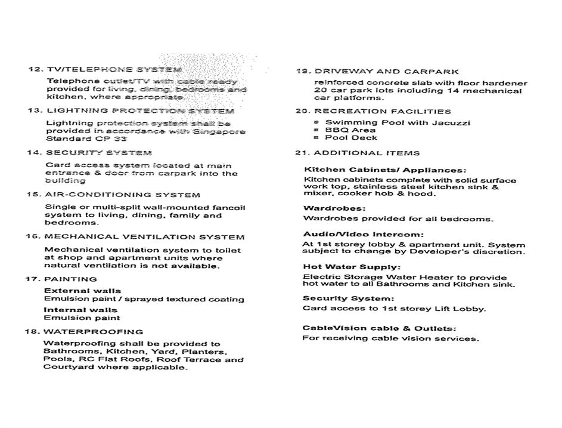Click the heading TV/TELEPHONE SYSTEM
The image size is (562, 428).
113,69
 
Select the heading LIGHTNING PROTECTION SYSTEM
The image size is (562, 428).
140,110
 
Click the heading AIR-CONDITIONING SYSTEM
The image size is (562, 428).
122,195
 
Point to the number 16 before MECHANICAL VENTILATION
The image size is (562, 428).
32,236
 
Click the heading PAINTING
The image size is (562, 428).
70,279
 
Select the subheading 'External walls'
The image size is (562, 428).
82,291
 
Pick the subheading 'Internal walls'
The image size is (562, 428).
80,310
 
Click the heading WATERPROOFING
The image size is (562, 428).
93,331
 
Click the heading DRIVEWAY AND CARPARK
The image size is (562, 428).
386,71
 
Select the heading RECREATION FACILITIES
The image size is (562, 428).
383,111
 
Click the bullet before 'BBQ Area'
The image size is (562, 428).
317,130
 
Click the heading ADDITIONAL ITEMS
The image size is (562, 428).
367,153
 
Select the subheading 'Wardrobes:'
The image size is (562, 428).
334,208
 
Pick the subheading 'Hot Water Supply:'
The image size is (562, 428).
352,267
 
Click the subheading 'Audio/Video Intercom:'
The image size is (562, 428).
363,234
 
